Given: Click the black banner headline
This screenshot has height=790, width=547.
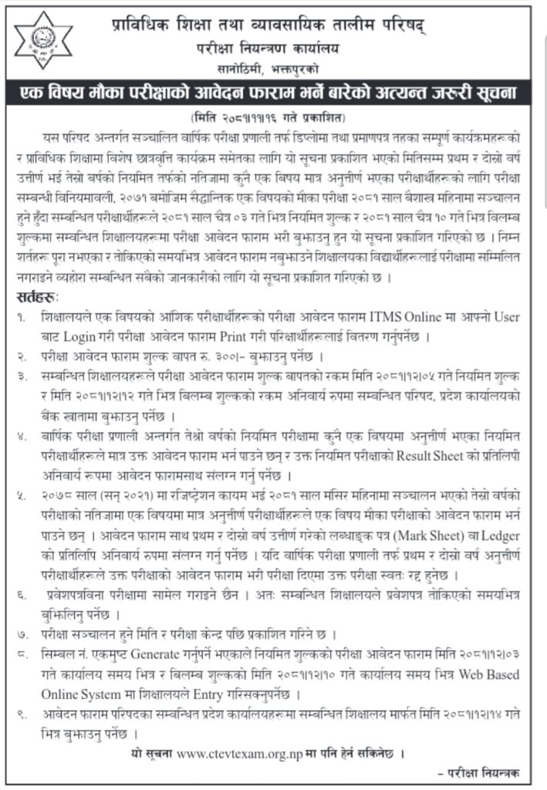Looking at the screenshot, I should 273,94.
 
